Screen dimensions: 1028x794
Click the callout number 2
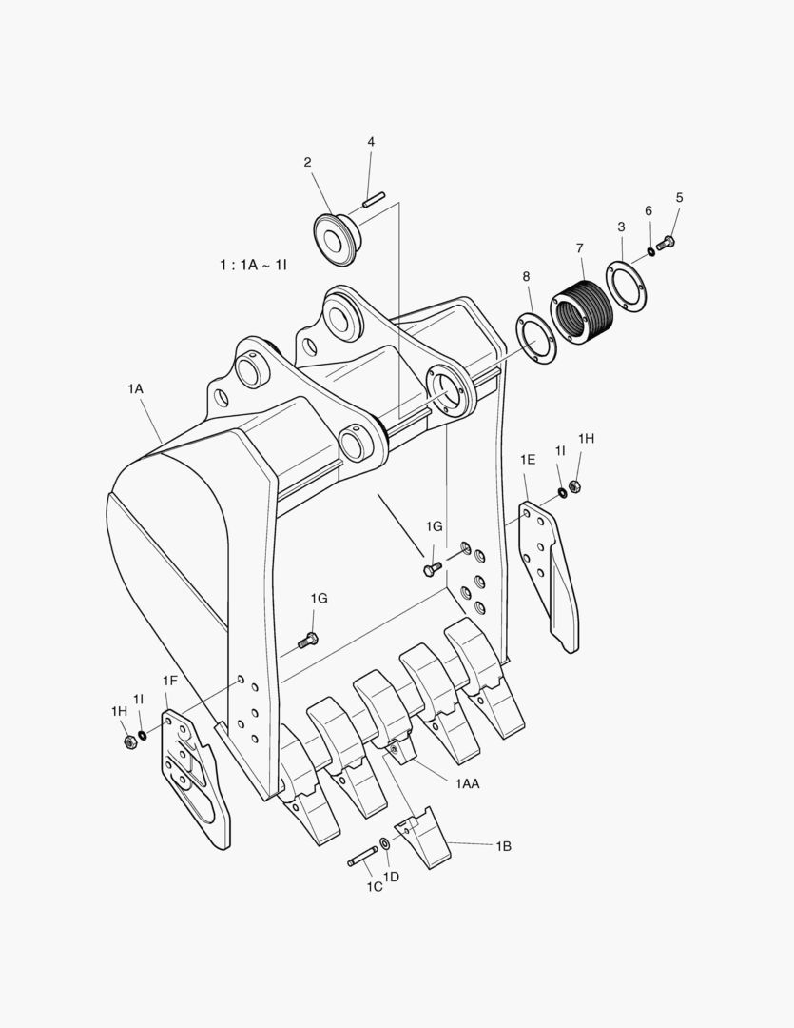tap(307, 163)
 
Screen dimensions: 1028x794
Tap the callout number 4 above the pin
tap(371, 142)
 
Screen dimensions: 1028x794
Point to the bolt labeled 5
tap(667, 242)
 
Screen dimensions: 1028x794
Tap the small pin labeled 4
tap(372, 200)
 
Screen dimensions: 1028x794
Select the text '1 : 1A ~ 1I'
tap(252, 265)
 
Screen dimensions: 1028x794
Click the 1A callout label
tap(135, 388)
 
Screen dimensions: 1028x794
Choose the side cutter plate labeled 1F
tap(195, 776)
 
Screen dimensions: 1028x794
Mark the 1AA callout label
tap(467, 782)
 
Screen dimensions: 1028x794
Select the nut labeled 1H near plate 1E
tap(574, 488)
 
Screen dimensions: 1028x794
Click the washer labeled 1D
tap(384, 844)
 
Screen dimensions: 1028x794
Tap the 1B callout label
tap(503, 845)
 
